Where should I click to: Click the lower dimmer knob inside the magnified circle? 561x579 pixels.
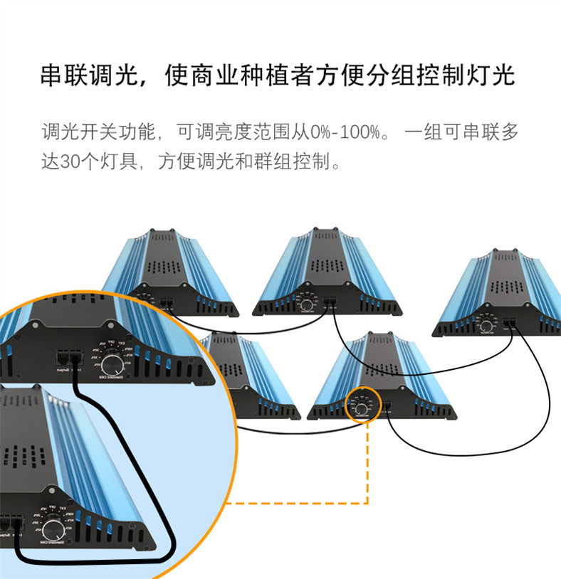tap(52, 529)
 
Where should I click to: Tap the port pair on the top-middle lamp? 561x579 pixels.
tap(330, 302)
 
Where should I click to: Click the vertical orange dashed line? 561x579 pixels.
tap(367, 462)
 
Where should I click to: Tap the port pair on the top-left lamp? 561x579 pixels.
tap(168, 302)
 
